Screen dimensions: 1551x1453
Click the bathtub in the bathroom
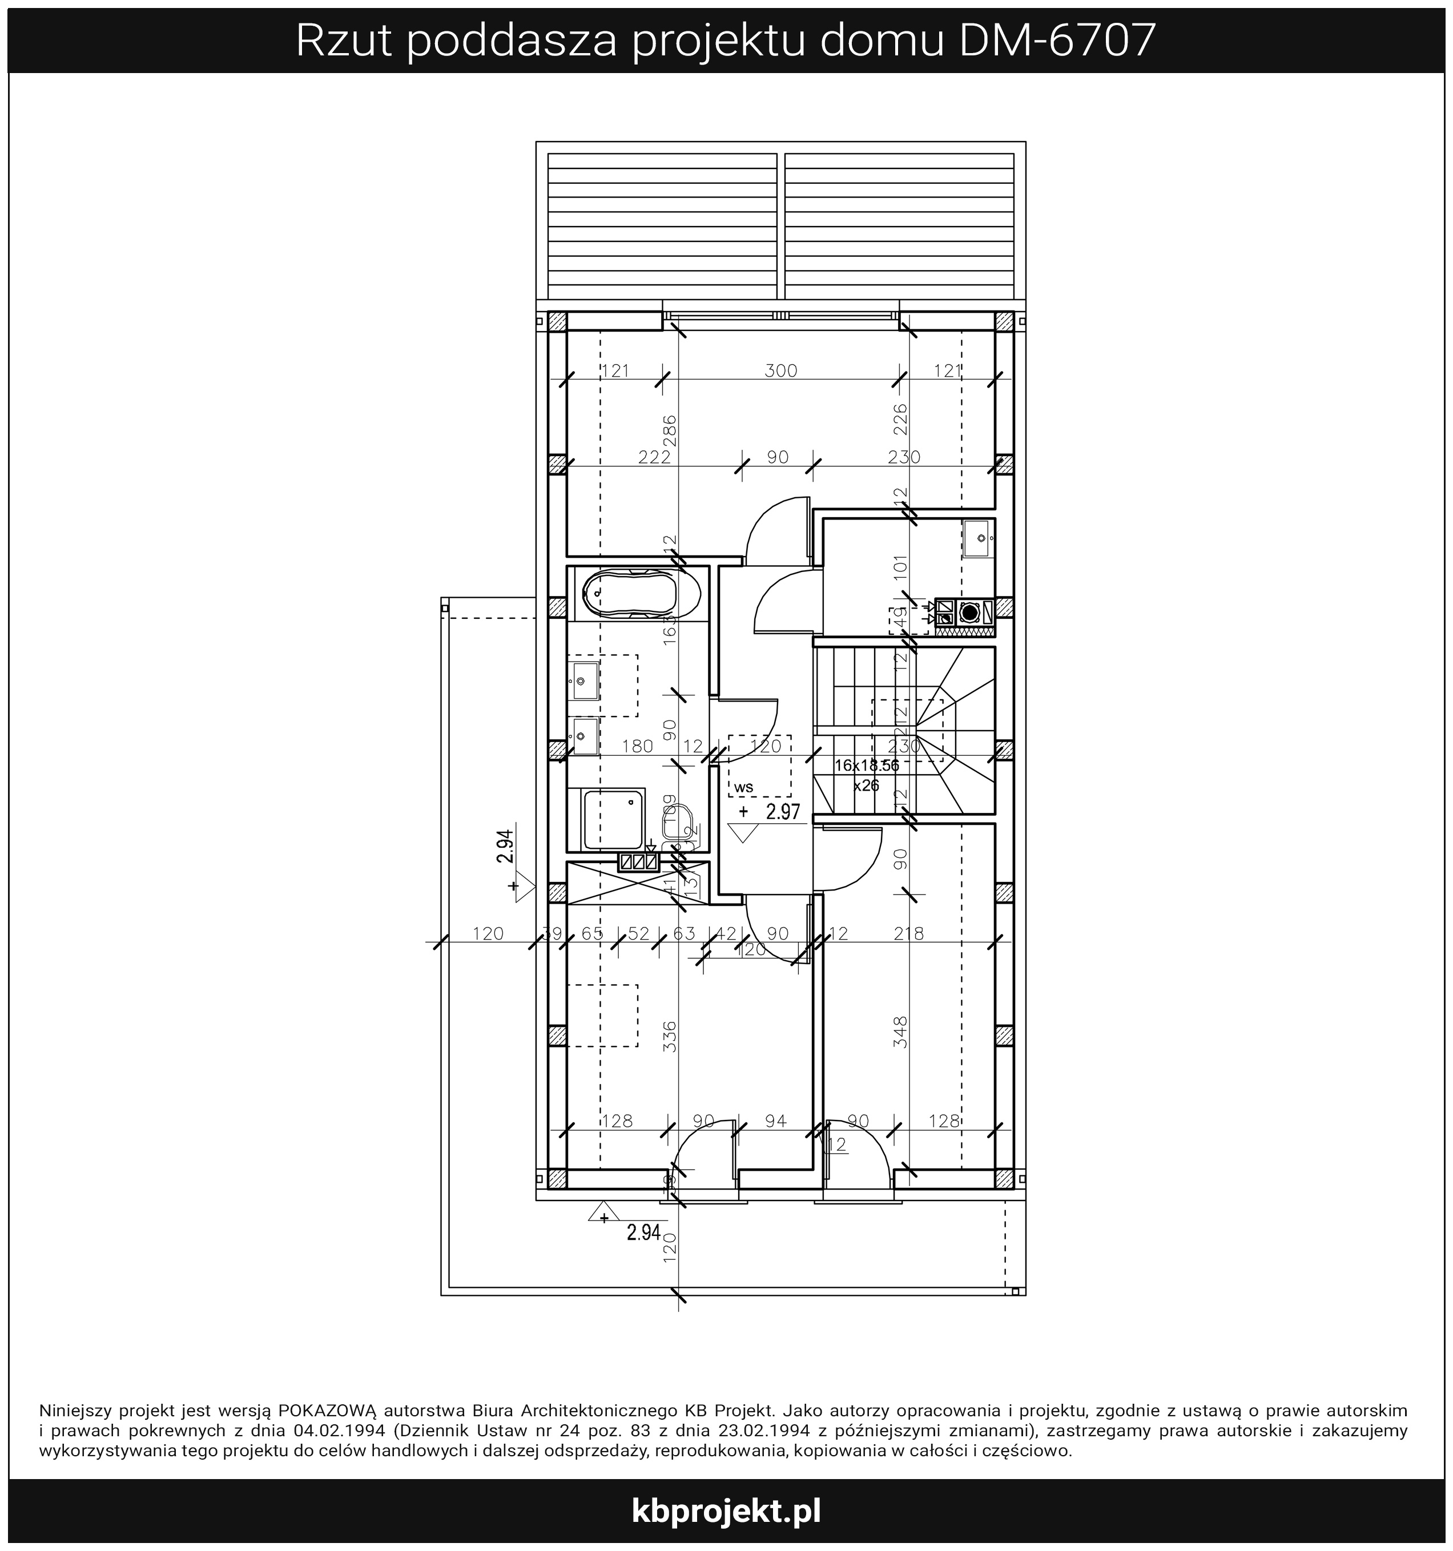tap(630, 593)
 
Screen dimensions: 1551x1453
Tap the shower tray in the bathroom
tap(614, 820)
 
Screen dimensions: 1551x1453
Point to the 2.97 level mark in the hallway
tap(783, 812)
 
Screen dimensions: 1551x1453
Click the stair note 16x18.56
tap(866, 766)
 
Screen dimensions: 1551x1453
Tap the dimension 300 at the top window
tap(780, 370)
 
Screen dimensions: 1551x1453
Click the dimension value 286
tap(670, 430)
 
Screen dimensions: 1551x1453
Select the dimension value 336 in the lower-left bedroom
tap(670, 1036)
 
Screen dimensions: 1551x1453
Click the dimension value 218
tap(908, 933)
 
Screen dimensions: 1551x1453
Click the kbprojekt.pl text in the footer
tap(726, 1510)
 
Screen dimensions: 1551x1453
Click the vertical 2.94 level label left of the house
tap(505, 847)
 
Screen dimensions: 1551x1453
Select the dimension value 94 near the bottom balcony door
tap(776, 1121)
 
